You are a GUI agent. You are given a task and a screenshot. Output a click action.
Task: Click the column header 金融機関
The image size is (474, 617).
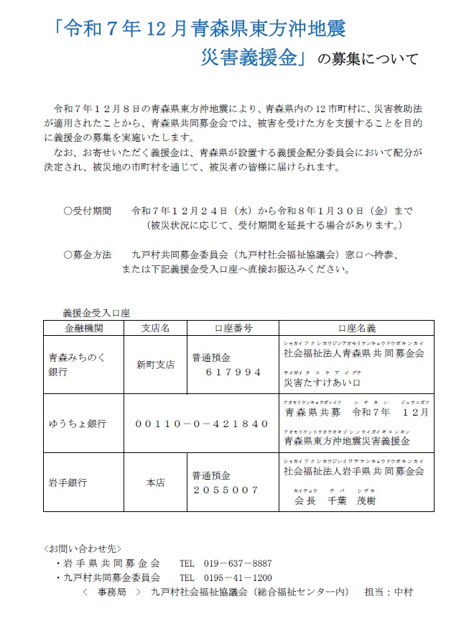point(83,328)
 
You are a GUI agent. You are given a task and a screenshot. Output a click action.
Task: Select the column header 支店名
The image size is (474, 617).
point(155,328)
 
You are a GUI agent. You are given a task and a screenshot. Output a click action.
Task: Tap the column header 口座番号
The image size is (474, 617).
point(233,328)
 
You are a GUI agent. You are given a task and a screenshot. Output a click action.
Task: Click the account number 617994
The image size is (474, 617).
point(233,372)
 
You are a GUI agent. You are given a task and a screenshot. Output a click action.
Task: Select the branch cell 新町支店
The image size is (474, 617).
point(155,365)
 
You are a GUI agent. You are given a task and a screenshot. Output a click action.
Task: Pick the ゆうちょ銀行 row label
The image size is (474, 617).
point(78,424)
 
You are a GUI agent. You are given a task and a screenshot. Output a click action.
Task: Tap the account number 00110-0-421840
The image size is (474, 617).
point(202,424)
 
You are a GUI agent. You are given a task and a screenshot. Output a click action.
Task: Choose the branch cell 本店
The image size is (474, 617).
point(155,483)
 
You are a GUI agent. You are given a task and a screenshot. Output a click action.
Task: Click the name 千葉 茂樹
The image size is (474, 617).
point(351,501)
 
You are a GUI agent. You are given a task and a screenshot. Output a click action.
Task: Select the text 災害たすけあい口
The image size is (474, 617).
point(322,382)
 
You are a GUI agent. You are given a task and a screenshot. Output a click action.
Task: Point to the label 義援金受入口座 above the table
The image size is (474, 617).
point(98,313)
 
